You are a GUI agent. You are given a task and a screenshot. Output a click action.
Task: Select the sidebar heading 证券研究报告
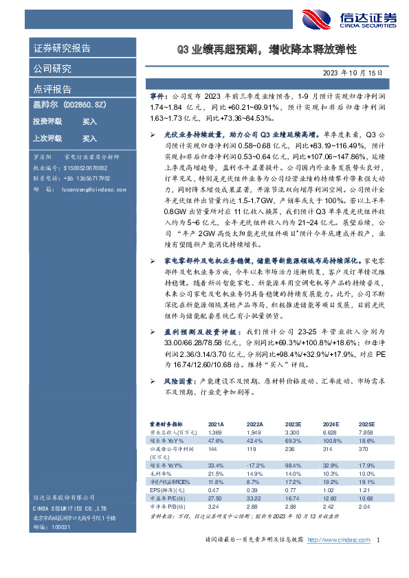pyautogui.click(x=62, y=49)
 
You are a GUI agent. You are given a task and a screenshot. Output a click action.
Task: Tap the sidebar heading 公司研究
pyautogui.click(x=52, y=69)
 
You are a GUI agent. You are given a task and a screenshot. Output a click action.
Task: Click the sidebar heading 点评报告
pyautogui.click(x=52, y=89)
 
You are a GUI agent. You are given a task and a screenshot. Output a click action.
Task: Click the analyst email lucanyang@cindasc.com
pyautogui.click(x=93, y=189)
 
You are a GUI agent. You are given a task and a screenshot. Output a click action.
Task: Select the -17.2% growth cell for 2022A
pyautogui.click(x=255, y=466)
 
